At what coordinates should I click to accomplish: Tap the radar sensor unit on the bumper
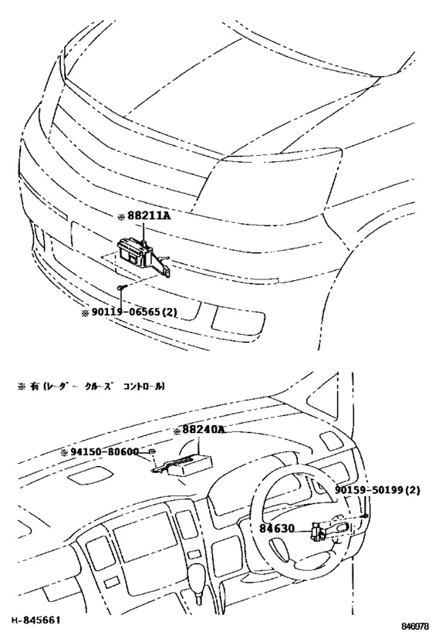(136, 252)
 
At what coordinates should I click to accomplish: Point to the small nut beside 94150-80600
(154, 452)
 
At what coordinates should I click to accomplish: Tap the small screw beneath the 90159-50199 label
(364, 515)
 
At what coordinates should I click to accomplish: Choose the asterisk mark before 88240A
(177, 432)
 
